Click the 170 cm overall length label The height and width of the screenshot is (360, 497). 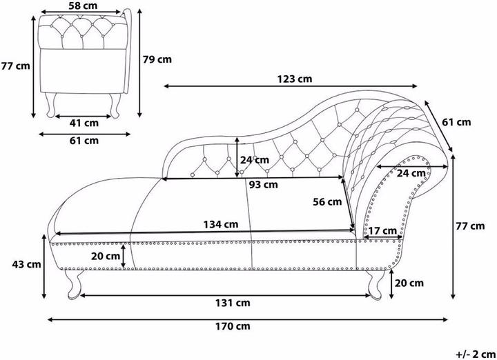coord(233,326)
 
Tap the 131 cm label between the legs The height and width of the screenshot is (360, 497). coord(233,303)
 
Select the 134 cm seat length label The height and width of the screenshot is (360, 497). coord(221,225)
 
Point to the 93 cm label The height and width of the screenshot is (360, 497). coord(264,185)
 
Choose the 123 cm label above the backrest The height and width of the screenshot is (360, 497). coord(295,79)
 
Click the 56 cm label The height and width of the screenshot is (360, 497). coord(327,201)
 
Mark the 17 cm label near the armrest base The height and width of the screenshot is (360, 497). coord(383,231)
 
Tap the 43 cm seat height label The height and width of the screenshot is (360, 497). coord(27,264)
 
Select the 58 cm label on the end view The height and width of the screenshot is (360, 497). coord(83,6)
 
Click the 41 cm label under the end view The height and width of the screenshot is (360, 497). coord(84,123)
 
